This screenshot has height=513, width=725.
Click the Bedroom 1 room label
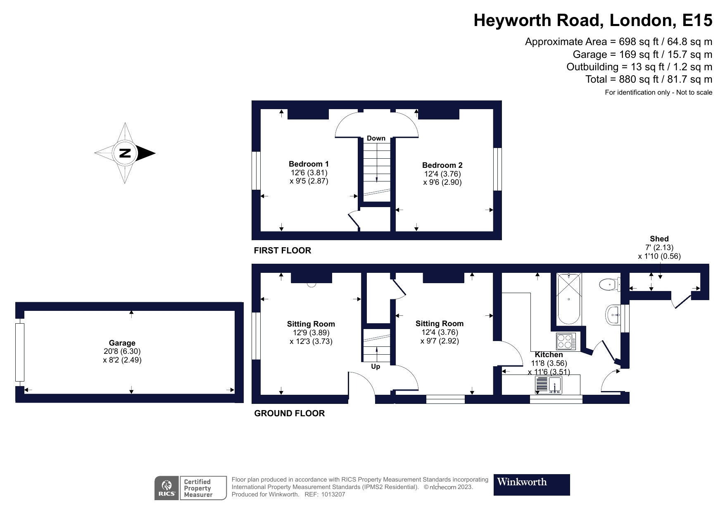tap(309, 164)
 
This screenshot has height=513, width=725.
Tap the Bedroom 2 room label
tap(442, 165)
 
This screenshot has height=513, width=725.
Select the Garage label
tap(122, 343)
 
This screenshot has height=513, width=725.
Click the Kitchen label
tap(549, 355)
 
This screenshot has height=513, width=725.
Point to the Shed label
tap(659, 239)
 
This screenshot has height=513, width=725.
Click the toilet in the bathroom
tap(609, 284)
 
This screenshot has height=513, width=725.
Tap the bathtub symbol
tap(569, 298)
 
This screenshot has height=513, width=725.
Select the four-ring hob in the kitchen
tap(564, 341)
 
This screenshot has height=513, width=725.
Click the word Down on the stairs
tap(376, 138)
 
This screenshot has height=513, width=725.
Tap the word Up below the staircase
tap(376, 366)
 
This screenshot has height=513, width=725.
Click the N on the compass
tap(125, 153)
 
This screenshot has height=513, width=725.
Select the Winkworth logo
tap(531, 484)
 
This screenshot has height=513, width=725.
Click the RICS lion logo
tap(166, 488)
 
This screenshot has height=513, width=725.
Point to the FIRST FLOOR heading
tap(282, 251)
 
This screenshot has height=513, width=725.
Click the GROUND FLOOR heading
tap(289, 413)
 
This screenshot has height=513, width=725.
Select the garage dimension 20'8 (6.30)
tap(122, 351)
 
